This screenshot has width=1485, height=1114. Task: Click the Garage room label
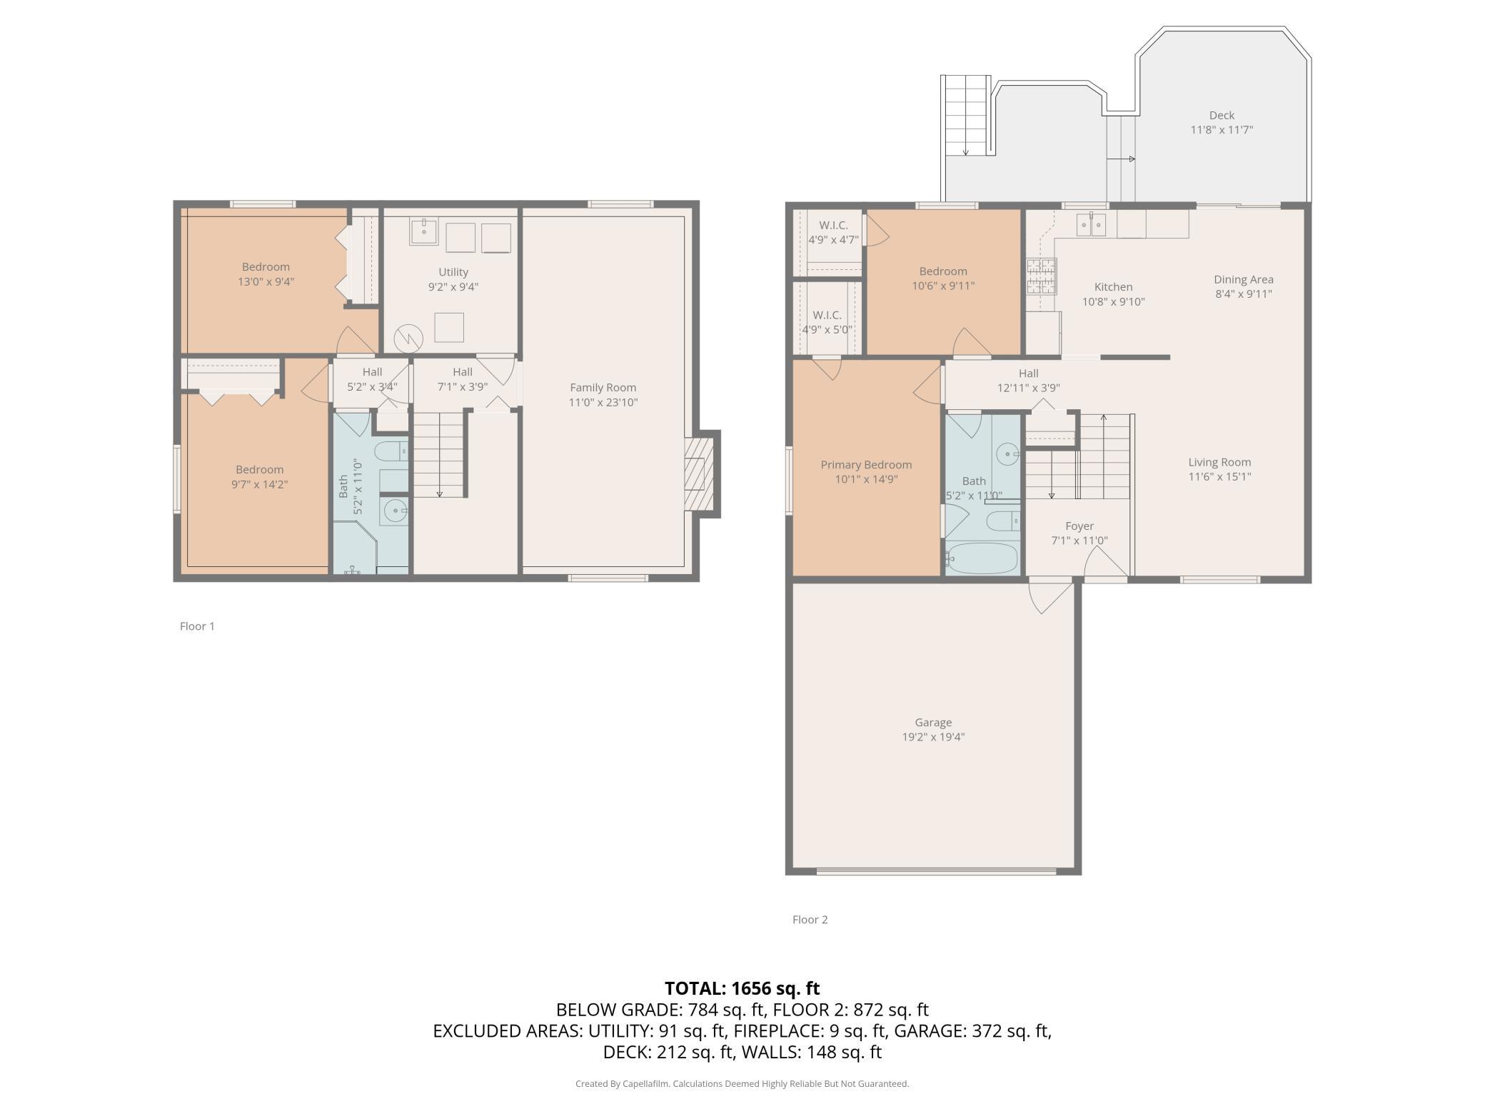click(933, 722)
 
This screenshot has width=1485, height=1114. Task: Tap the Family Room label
click(603, 387)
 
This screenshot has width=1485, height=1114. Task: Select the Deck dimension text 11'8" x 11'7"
click(1222, 130)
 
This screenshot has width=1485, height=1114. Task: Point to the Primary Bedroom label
click(866, 464)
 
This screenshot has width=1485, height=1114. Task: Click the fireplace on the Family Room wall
click(700, 474)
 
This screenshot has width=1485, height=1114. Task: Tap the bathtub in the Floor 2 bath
click(982, 558)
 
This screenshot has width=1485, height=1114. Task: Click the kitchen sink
click(1091, 224)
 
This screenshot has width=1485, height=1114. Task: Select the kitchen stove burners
click(1040, 276)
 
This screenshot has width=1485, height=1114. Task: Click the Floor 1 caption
click(197, 626)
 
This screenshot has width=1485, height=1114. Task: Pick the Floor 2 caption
click(810, 919)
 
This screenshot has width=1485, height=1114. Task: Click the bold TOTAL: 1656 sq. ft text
click(742, 988)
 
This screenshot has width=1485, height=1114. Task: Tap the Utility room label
click(453, 272)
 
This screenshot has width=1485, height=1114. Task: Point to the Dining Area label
click(1244, 279)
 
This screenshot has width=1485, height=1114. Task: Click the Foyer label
click(1079, 526)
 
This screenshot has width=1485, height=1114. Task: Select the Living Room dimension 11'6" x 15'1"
click(1219, 477)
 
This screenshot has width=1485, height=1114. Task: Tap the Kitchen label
click(1113, 287)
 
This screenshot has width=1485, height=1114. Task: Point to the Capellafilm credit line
click(742, 1083)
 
